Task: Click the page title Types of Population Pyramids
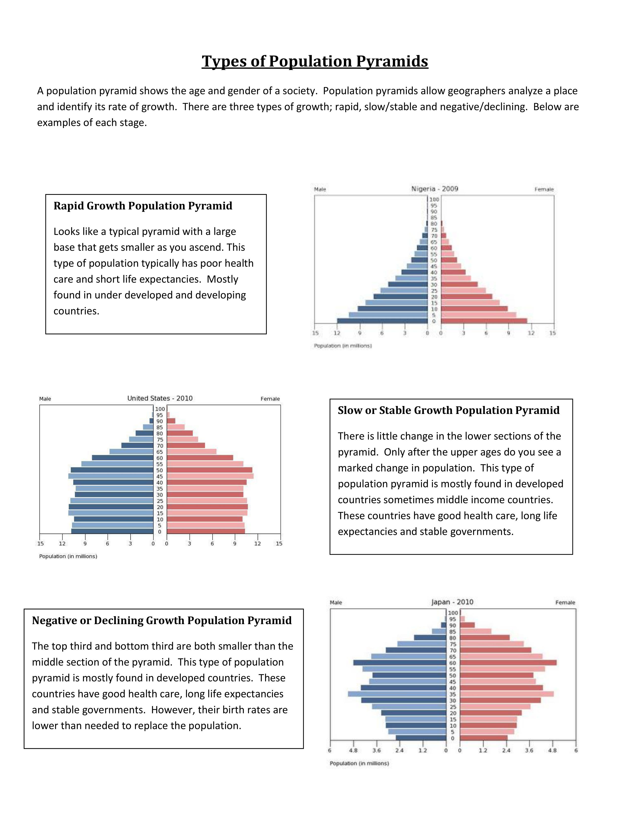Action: [315, 61]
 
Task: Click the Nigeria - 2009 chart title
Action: [434, 189]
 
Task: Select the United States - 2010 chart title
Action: [160, 398]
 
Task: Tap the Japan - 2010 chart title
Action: [452, 602]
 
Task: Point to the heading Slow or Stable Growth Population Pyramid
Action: [448, 410]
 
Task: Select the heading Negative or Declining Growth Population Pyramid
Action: [162, 620]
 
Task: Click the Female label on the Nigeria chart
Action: [544, 189]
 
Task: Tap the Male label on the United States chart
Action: [45, 399]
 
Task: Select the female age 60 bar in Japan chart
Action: [508, 662]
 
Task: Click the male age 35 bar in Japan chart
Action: [397, 694]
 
